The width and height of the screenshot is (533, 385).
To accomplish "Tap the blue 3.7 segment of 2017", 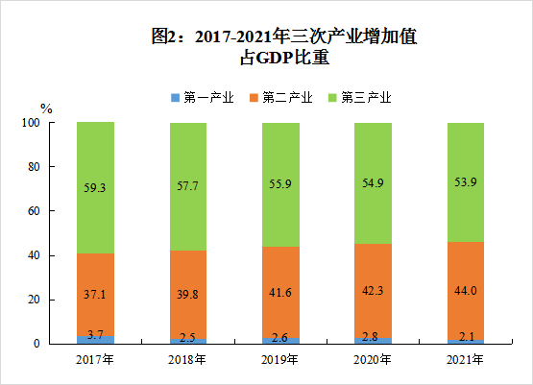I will pyautogui.click(x=96, y=339).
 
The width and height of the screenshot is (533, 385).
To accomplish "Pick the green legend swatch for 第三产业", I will pyautogui.click(x=333, y=97).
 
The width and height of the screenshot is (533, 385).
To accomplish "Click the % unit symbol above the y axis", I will pyautogui.click(x=46, y=108).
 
